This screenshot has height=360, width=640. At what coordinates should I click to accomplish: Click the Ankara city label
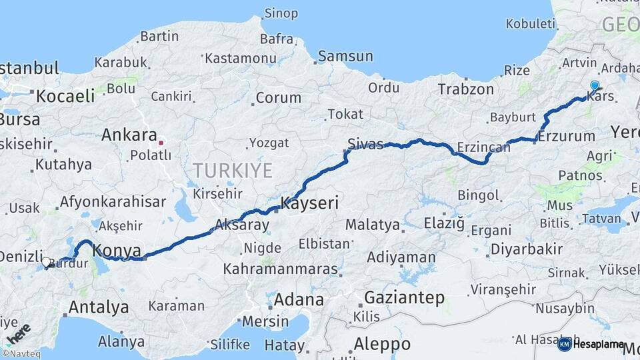[x=129, y=135]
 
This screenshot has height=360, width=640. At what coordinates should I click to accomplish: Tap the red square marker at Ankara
[x=161, y=142]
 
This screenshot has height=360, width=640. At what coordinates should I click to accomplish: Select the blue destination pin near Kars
[x=595, y=86]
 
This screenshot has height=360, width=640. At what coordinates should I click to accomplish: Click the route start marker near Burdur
[x=47, y=262]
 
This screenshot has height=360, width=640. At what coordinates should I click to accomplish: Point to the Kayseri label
[x=310, y=203]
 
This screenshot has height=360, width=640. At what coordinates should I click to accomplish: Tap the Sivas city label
[x=365, y=144]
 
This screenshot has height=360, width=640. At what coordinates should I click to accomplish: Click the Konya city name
[x=117, y=251]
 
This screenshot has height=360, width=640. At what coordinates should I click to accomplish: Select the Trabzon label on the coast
[x=466, y=89]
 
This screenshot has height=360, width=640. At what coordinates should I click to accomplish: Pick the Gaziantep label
[x=405, y=297]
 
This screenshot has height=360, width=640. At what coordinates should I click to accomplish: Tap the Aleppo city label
[x=382, y=345]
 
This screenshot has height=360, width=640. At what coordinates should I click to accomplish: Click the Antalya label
[x=99, y=307]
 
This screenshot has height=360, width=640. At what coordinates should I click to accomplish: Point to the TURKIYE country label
[x=233, y=171]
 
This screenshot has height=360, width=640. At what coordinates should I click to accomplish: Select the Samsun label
[x=345, y=57]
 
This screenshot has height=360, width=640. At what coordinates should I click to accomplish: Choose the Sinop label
[x=281, y=13]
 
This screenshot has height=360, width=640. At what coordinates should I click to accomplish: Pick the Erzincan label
[x=483, y=147]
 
